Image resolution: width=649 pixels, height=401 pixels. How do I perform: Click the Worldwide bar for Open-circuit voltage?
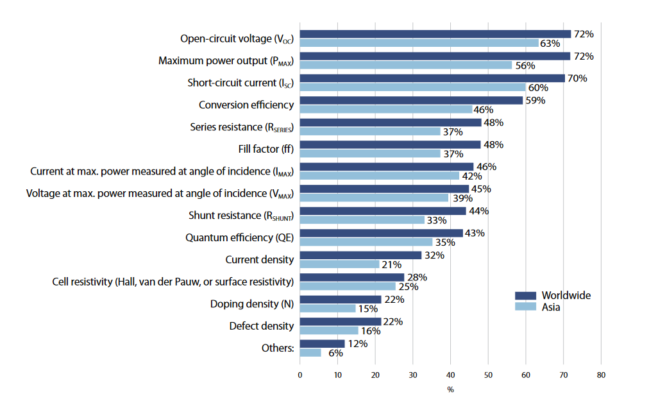435,34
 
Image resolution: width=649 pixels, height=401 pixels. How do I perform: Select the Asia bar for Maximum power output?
405,65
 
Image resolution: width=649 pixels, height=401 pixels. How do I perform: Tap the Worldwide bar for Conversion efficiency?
411,100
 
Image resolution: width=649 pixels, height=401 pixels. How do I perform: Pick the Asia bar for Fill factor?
370,153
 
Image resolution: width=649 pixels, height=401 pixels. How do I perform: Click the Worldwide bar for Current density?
360,255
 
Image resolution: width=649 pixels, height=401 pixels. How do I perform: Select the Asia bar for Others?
310,352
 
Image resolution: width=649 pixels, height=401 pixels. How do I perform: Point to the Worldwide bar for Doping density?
341,300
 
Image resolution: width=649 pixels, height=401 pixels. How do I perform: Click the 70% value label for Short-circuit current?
578,78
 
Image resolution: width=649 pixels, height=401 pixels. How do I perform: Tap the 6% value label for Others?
336,353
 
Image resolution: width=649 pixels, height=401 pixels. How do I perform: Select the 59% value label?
535,100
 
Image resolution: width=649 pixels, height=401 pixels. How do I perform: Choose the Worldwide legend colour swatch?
525,296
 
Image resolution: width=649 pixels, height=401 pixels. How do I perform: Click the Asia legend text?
551,307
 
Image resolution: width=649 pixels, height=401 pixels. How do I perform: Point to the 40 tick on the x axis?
450,374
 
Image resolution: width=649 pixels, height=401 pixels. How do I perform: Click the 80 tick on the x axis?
601,374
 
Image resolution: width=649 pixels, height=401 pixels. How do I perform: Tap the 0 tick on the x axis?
300,374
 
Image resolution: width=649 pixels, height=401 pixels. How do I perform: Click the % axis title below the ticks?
450,389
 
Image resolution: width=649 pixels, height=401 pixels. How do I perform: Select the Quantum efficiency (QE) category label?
239,237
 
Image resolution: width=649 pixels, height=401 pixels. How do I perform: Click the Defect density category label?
262,326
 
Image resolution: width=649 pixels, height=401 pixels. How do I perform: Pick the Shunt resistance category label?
240,216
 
